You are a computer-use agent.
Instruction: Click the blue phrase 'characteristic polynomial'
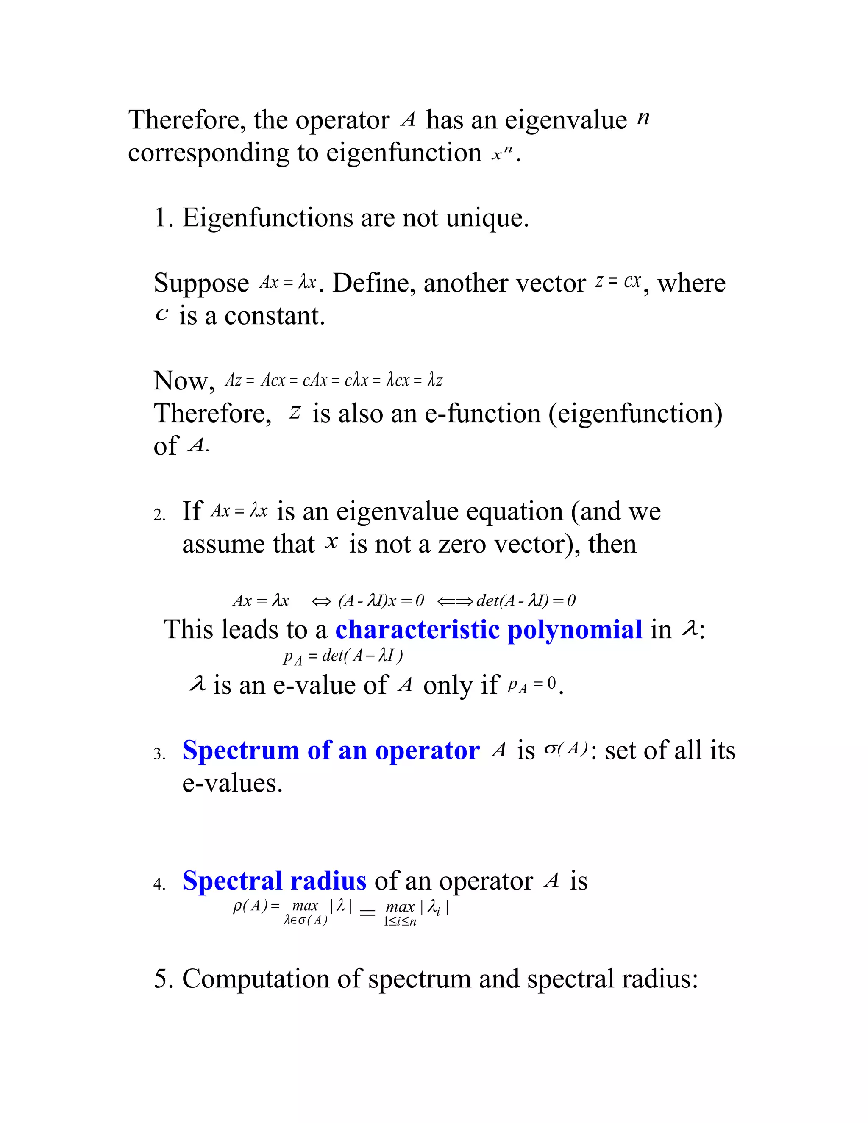[489, 629]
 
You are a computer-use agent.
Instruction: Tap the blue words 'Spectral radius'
[274, 881]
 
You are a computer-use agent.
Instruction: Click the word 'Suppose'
[201, 284]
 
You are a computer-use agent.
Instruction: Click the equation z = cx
[618, 282]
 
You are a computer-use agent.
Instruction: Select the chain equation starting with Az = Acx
[333, 381]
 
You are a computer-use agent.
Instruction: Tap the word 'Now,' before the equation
[184, 381]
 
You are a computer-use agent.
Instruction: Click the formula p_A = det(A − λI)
[343, 656]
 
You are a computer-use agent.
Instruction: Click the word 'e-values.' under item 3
[232, 783]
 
